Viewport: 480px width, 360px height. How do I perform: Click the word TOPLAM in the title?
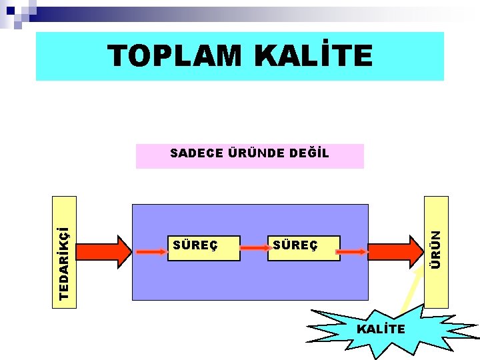pyautogui.click(x=175, y=57)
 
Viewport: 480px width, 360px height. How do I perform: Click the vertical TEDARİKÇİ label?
pyautogui.click(x=65, y=252)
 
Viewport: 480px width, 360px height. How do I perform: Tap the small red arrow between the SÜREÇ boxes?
pyautogui.click(x=254, y=247)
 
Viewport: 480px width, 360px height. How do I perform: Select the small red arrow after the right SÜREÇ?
pyautogui.click(x=353, y=251)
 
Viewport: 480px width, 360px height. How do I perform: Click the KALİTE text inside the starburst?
pyautogui.click(x=381, y=329)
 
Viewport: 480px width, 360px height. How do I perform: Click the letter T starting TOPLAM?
pyautogui.click(x=119, y=57)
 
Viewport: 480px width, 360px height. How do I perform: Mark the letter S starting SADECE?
pyautogui.click(x=173, y=153)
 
